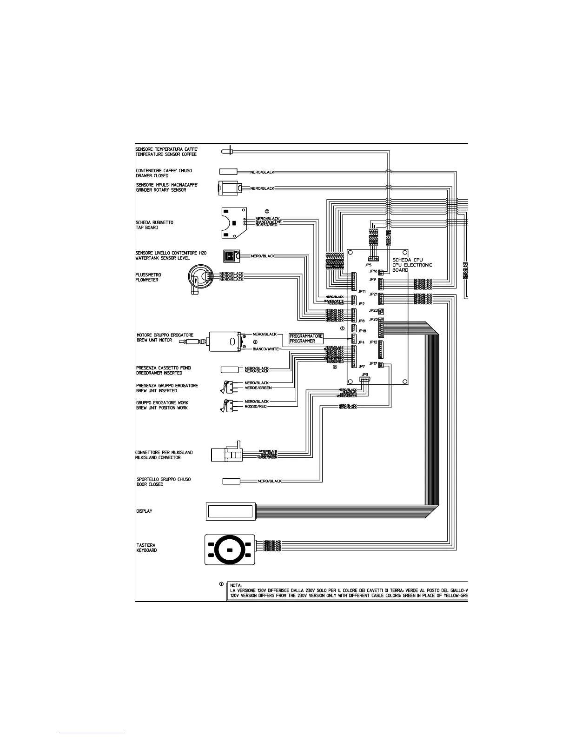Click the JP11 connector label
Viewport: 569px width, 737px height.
(x=357, y=291)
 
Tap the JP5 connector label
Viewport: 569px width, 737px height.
(x=368, y=265)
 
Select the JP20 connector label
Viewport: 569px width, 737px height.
(x=373, y=320)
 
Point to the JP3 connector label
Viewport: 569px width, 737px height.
(x=364, y=374)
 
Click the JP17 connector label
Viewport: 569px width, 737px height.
(x=373, y=363)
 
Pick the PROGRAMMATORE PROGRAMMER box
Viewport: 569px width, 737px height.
(x=305, y=338)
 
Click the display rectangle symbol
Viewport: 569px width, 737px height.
(x=231, y=511)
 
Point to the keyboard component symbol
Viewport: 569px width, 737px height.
(x=230, y=549)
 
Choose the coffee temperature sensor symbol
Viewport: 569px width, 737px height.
(x=228, y=150)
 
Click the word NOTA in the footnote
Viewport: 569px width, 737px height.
(x=237, y=584)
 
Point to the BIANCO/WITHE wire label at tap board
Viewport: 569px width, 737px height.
(x=268, y=222)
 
